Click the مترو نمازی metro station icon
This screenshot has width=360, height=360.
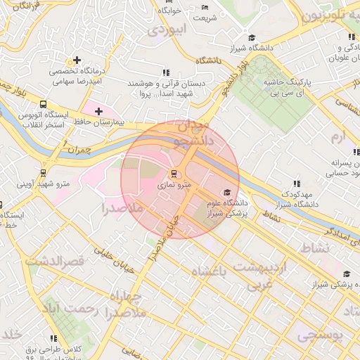click(174, 173)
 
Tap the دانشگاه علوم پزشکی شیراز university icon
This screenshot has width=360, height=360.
click(226, 193)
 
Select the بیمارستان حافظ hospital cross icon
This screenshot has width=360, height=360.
click(98, 111)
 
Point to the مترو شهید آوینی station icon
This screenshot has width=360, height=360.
click(44, 172)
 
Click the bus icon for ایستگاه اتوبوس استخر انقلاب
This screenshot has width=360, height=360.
click(44, 104)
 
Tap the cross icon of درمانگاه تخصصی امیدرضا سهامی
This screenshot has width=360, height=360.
click(76, 60)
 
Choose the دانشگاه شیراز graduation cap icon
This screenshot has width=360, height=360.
click(252, 38)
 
